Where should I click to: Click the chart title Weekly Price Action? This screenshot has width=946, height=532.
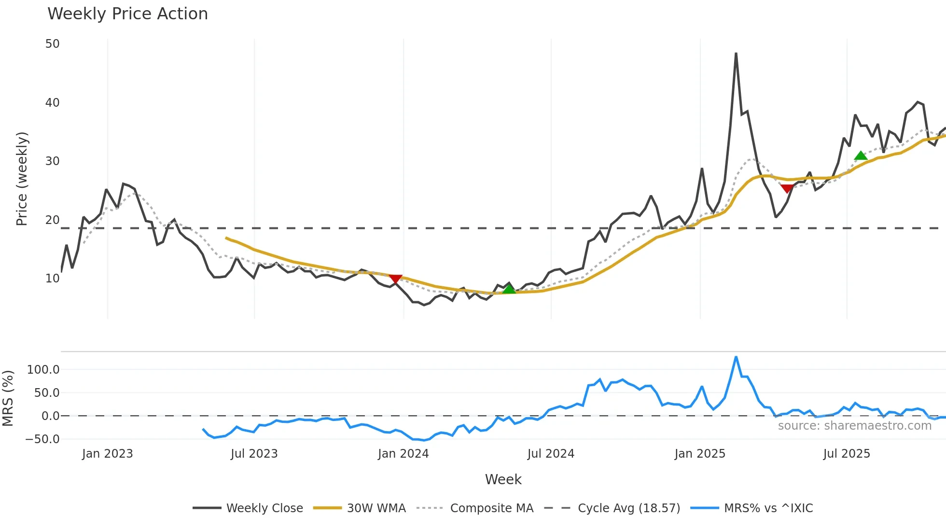click(127, 14)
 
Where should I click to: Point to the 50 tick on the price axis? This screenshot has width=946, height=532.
click(52, 44)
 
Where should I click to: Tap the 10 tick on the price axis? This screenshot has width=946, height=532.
click(52, 279)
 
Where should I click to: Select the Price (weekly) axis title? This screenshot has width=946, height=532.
click(22, 179)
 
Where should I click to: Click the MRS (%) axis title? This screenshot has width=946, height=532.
click(8, 398)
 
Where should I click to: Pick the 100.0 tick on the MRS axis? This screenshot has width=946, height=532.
click(43, 370)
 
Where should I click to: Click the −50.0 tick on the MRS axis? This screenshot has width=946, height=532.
click(42, 439)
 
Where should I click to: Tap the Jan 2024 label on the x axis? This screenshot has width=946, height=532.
click(403, 454)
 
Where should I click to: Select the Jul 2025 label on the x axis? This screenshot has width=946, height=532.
click(847, 454)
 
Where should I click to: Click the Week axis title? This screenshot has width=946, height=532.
click(503, 479)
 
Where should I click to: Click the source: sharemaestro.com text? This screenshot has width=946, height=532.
click(854, 426)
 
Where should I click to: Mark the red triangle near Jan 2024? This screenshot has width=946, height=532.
click(395, 279)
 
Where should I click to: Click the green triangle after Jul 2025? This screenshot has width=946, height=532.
click(861, 155)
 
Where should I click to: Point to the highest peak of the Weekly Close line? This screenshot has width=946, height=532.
click(736, 53)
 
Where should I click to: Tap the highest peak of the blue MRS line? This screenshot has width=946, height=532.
click(736, 357)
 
